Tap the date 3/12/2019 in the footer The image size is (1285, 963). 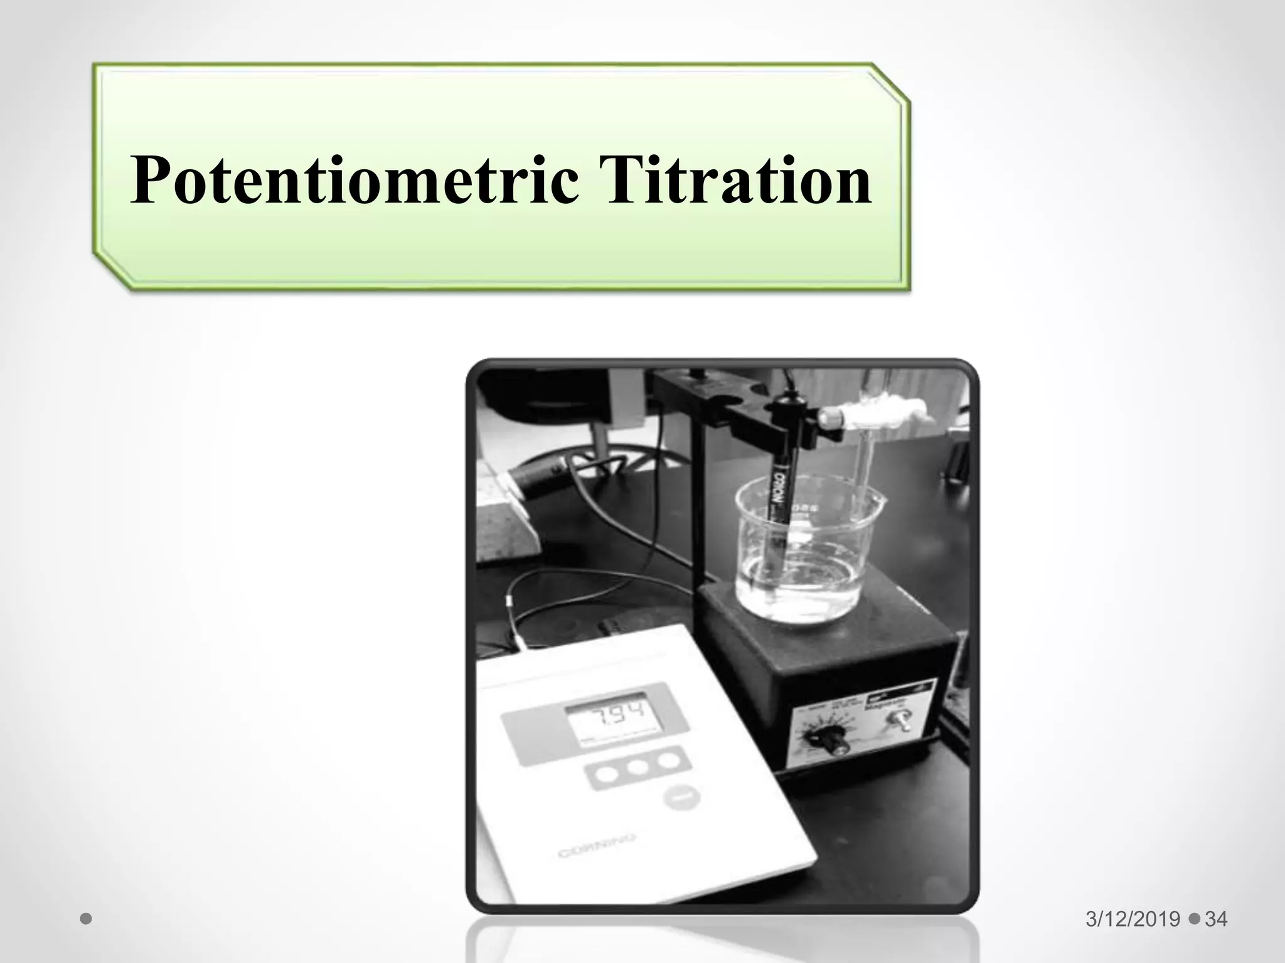point(1133,919)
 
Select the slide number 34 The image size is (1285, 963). point(1216,919)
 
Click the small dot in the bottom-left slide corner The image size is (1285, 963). point(87,919)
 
